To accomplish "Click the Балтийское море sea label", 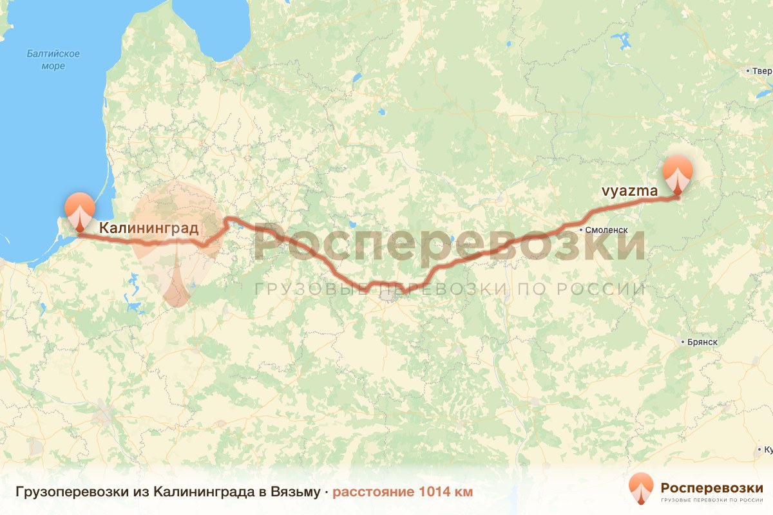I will pos(53,60).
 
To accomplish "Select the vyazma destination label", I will pos(629,191).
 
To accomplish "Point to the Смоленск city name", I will pos(606,229).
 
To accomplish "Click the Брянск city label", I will pos(703,342).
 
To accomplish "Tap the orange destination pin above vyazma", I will pos(678,174).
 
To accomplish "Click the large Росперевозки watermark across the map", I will pos(449,243).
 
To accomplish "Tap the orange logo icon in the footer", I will pos(641,488).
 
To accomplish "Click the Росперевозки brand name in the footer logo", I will pos(711,487).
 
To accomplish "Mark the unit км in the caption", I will pos(463,492).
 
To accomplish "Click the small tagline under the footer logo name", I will pos(711,500).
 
